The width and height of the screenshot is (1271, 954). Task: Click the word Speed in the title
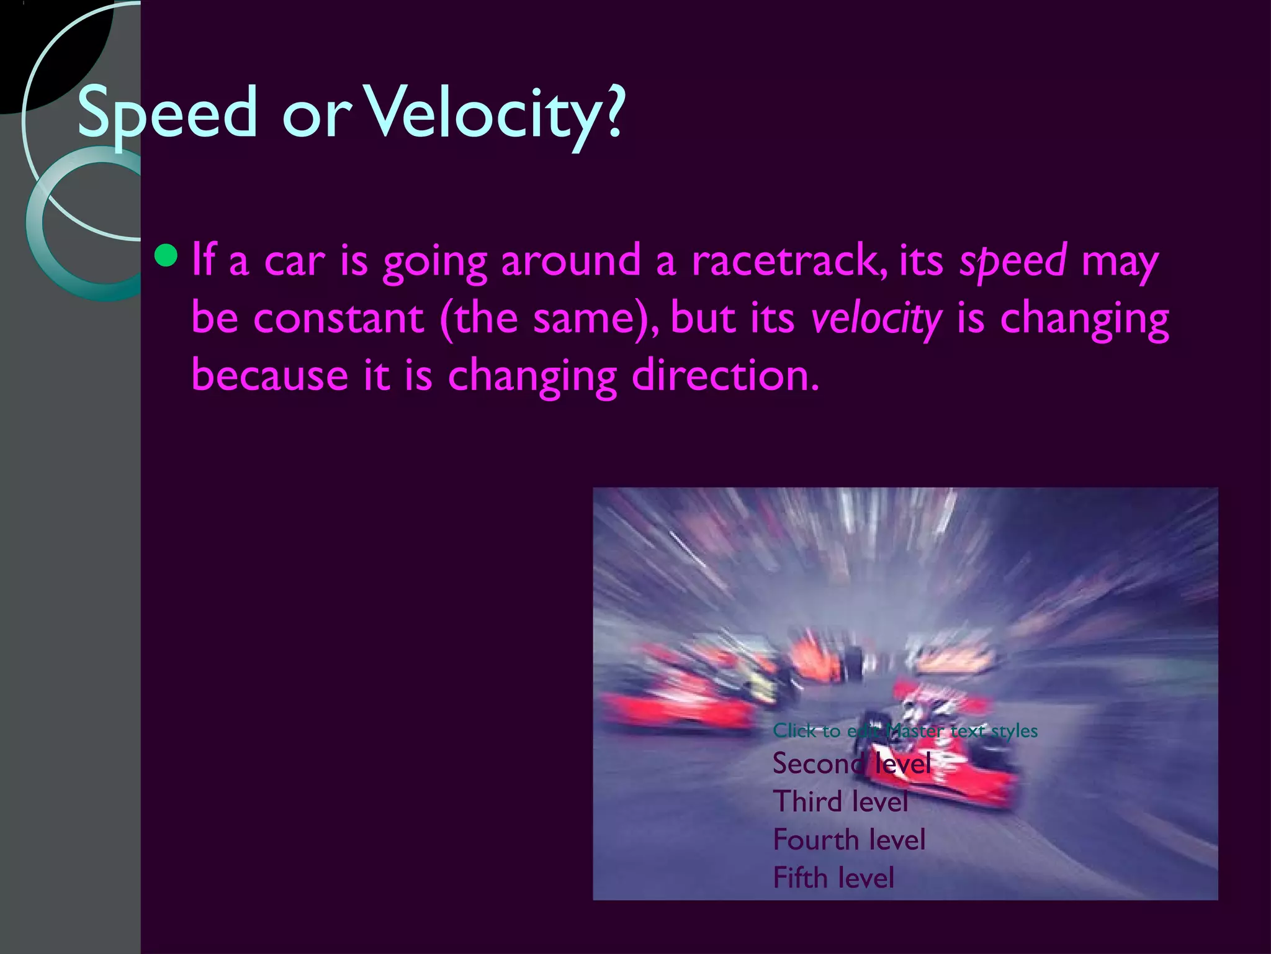pyautogui.click(x=166, y=113)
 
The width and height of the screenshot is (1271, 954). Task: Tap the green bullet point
pyautogui.click(x=166, y=255)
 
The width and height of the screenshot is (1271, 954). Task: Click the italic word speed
pyautogui.click(x=1013, y=261)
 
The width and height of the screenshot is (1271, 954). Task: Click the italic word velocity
pyautogui.click(x=876, y=319)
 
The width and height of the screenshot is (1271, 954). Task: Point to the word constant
pyautogui.click(x=338, y=319)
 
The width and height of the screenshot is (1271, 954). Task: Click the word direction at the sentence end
pyautogui.click(x=724, y=376)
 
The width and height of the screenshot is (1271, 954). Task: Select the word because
pyautogui.click(x=269, y=376)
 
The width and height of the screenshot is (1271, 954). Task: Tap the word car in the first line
pyautogui.click(x=294, y=261)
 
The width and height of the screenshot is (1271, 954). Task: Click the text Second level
pyautogui.click(x=851, y=763)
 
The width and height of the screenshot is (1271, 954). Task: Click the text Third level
pyautogui.click(x=840, y=802)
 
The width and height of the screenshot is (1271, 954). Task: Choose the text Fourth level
pyautogui.click(x=849, y=840)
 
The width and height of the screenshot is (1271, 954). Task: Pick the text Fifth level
pyautogui.click(x=833, y=878)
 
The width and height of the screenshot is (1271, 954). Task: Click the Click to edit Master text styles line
pyautogui.click(x=905, y=731)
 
